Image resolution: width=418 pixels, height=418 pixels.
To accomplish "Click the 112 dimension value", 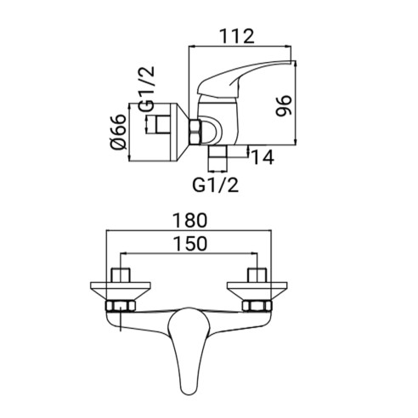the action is pos(238,36).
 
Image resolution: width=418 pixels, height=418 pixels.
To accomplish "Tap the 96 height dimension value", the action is pos(284,106).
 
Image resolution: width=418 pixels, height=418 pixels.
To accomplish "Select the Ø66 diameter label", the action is pos(118,132).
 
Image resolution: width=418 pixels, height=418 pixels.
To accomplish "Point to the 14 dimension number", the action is pos(263,157).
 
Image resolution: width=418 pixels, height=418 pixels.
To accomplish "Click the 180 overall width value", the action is pos(190,220).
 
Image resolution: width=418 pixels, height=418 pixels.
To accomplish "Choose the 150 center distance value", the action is pos(190,244).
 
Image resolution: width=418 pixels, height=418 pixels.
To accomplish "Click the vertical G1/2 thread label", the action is pos(147,88).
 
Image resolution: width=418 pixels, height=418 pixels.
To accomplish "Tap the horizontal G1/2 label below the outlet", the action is pos(216,185).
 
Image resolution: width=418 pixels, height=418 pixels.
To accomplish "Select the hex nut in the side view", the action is pos(195,132).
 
